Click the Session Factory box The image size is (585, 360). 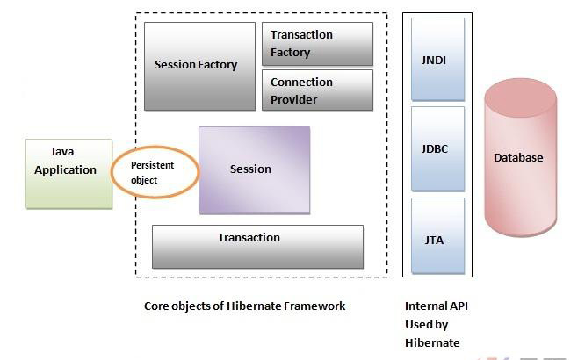(x=200, y=67)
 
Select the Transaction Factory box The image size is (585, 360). (x=317, y=44)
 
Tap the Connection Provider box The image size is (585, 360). (x=317, y=90)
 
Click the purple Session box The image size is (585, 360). (x=255, y=170)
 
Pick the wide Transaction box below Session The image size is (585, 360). (x=257, y=247)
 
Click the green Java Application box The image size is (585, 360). (x=69, y=174)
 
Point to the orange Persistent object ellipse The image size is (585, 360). (x=112, y=172)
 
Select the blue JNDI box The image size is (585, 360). (x=438, y=60)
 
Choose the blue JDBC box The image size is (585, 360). (x=438, y=149)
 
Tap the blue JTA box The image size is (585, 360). (x=438, y=236)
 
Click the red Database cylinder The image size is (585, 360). (x=521, y=157)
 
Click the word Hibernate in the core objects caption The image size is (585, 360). (x=254, y=306)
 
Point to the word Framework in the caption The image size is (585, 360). (x=314, y=306)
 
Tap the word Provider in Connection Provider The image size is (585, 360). (x=293, y=99)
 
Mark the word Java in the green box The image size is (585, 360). (x=62, y=151)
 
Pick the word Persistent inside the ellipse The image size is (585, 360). (x=152, y=165)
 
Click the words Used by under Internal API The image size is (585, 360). (x=426, y=325)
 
